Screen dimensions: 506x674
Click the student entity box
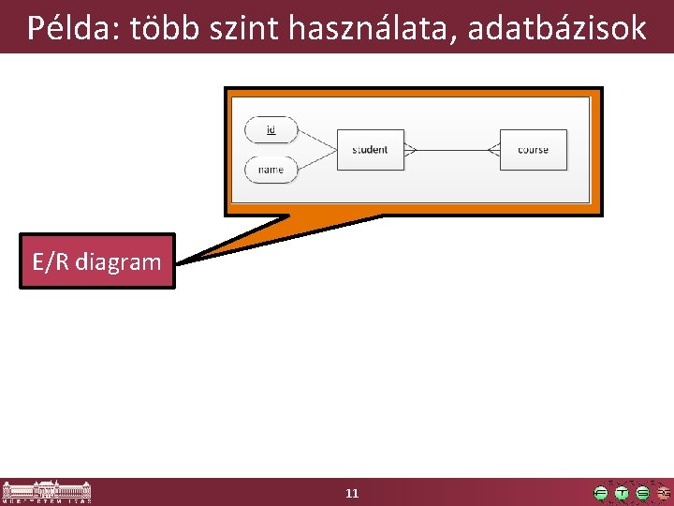[x=370, y=150]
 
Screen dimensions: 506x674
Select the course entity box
[x=533, y=150]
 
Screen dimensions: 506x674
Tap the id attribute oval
[x=271, y=130]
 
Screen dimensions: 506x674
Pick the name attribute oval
[x=271, y=170]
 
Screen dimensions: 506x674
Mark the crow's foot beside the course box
[x=493, y=150]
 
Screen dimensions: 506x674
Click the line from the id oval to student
[x=316, y=140]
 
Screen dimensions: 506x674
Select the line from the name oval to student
[x=316, y=160]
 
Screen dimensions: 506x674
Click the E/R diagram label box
[x=97, y=260]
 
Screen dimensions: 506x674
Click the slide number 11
[x=352, y=493]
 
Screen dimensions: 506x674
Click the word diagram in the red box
[x=121, y=261]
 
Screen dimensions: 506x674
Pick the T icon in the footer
[x=622, y=493]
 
